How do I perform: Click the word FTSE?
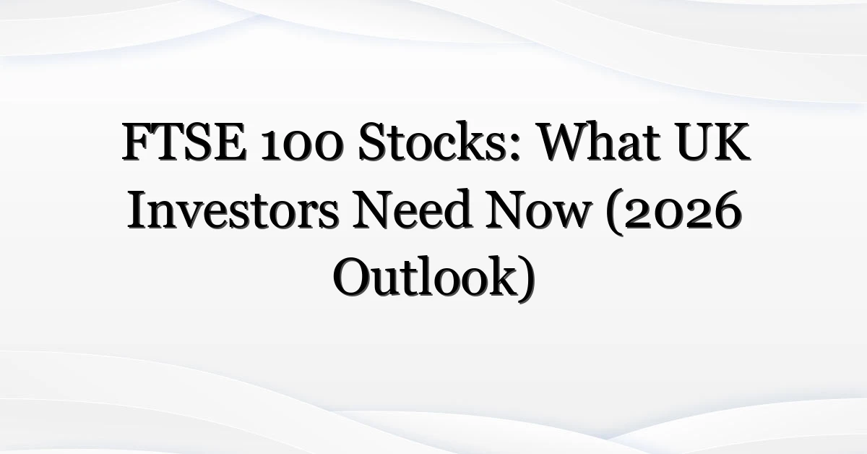tap(185, 142)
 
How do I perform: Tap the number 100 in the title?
tap(301, 145)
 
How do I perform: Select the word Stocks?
tap(432, 142)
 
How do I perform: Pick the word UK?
tap(713, 142)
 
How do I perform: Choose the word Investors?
tap(233, 210)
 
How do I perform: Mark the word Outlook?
tap(425, 277)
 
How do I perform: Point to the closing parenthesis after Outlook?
tap(527, 279)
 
